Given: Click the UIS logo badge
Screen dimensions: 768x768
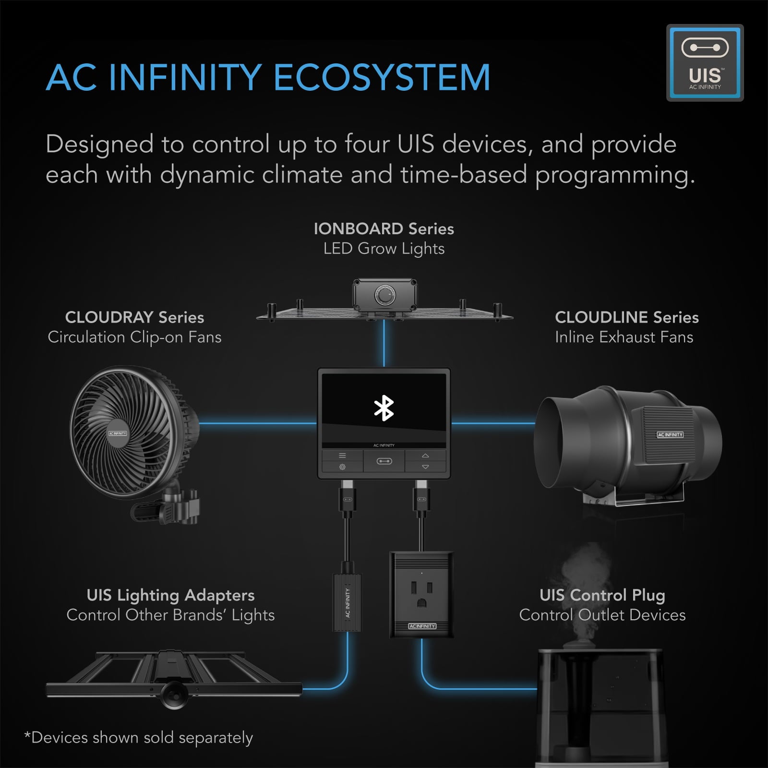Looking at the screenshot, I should pos(705,63).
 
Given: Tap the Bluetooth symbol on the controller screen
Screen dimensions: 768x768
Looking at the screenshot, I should pos(384,408).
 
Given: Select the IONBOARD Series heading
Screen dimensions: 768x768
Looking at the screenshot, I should pos(384,228).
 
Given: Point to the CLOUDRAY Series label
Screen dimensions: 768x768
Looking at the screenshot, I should pos(134,317).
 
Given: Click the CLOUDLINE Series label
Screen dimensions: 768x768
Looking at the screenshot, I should pos(626,317).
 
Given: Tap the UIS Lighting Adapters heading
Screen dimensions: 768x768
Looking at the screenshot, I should pos(170,595).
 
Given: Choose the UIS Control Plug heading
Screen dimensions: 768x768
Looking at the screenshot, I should pos(602,595).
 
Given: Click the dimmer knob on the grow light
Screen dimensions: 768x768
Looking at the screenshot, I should pos(384,296).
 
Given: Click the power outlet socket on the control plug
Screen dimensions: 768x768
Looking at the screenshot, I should pos(421,594).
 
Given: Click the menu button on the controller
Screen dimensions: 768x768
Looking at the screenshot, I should pos(342,456).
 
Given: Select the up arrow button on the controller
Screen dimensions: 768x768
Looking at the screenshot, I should pos(425,456).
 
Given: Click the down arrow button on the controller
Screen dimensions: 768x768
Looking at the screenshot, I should pos(425,467).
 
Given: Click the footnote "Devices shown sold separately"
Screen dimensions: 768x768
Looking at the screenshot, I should pos(139,738).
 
